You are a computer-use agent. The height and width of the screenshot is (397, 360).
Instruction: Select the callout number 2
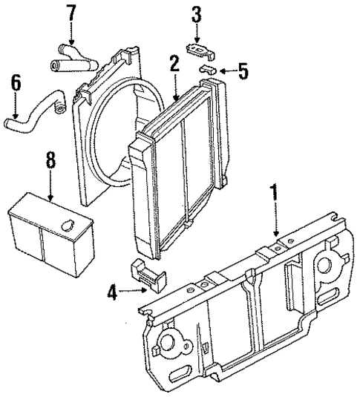click(173, 64)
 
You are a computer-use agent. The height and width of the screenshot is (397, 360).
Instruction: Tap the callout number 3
click(195, 14)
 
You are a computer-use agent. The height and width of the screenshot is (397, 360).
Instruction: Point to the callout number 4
click(111, 294)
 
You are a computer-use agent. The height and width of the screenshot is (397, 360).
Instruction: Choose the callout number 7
click(71, 13)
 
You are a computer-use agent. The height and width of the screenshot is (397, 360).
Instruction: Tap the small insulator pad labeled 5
click(209, 71)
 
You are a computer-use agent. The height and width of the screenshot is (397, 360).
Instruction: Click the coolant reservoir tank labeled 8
click(48, 234)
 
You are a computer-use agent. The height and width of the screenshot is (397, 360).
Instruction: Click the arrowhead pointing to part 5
click(221, 71)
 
